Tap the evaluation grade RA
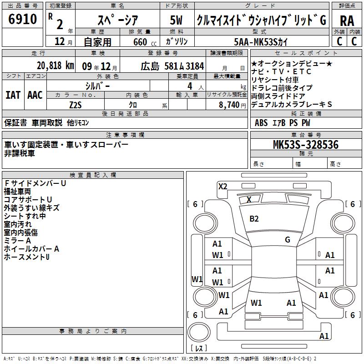[x=347, y=20]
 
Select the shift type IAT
[x=13, y=95]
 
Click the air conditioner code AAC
[x=35, y=95]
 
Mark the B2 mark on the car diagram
[x=254, y=219]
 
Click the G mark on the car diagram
[x=287, y=240]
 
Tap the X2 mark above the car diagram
[x=222, y=186]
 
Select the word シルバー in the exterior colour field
[x=97, y=86]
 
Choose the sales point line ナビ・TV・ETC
[x=281, y=71]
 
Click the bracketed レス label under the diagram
[x=199, y=349]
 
